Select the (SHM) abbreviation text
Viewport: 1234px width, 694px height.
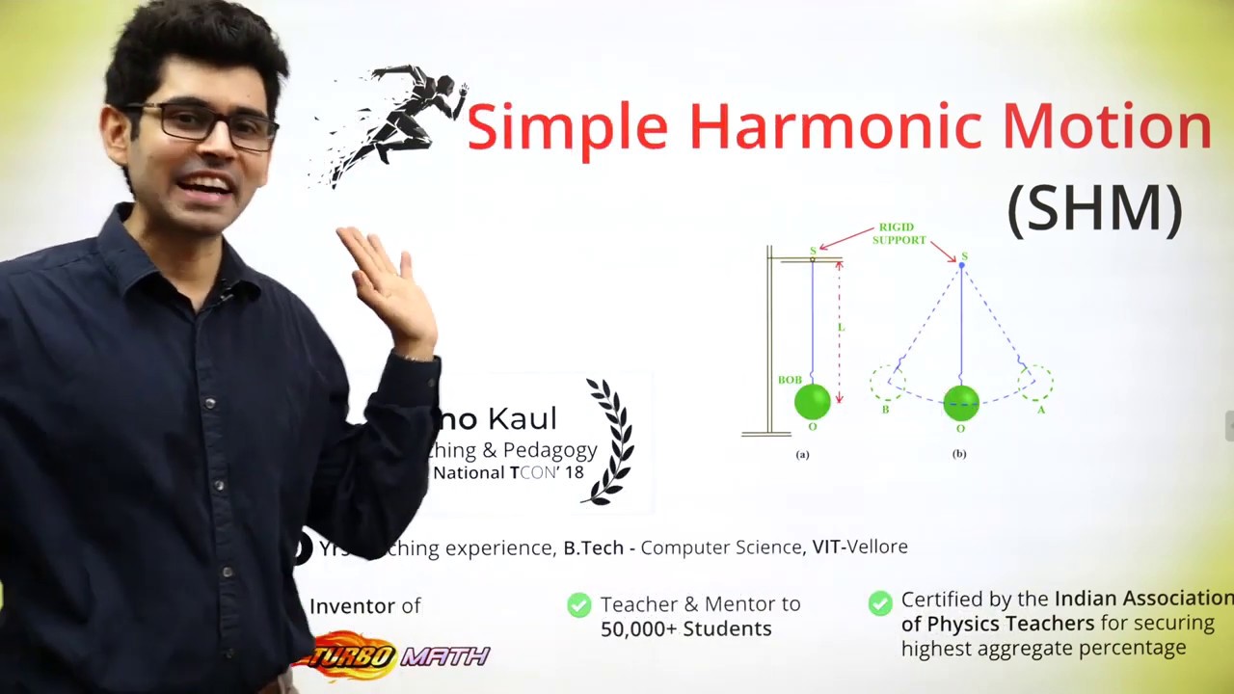1094,209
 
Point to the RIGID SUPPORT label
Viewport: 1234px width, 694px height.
899,234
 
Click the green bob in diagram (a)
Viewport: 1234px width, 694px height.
813,402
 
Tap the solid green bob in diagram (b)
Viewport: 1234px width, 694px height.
961,403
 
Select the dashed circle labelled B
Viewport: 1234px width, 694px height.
888,383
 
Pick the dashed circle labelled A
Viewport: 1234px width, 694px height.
1035,383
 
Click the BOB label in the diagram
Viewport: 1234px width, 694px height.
790,380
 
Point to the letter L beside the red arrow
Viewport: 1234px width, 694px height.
841,328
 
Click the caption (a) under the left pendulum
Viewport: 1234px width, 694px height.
802,454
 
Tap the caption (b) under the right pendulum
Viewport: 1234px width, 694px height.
959,454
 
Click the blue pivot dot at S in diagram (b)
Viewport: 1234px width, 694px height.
961,265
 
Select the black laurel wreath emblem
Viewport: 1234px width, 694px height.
609,440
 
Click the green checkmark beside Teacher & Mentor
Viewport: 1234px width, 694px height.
578,605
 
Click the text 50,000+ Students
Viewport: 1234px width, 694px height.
685,629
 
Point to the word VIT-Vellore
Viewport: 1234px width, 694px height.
860,547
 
